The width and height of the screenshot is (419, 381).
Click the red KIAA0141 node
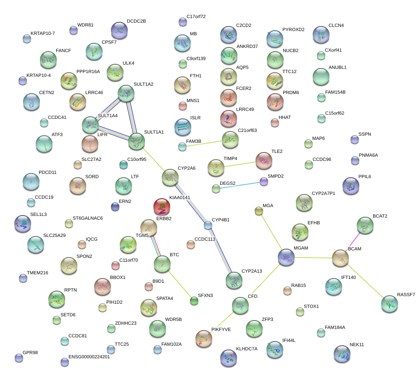coord(162,207)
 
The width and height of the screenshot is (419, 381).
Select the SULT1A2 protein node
coord(126,93)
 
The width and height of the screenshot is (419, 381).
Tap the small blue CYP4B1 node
coord(208,225)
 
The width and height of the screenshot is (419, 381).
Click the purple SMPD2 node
coord(264,182)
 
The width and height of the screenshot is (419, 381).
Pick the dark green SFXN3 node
coord(194,301)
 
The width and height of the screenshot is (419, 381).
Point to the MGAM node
coord(286,258)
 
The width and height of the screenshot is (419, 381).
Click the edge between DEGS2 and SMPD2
coord(240,185)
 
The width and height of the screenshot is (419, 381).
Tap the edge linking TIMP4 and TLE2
coord(240,164)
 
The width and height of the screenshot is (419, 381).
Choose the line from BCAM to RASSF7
coord(365,281)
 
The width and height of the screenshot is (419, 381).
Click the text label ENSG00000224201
coord(89,357)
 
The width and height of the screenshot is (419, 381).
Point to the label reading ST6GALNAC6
coord(88,218)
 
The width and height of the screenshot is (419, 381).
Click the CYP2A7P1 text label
coord(323,193)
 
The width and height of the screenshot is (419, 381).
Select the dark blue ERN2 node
coord(115,207)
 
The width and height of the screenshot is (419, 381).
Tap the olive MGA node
coord(258,211)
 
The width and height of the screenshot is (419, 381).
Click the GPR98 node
coord(19,358)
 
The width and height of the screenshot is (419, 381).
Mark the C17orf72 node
coord(183,22)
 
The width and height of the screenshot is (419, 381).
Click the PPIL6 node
coord(350,186)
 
